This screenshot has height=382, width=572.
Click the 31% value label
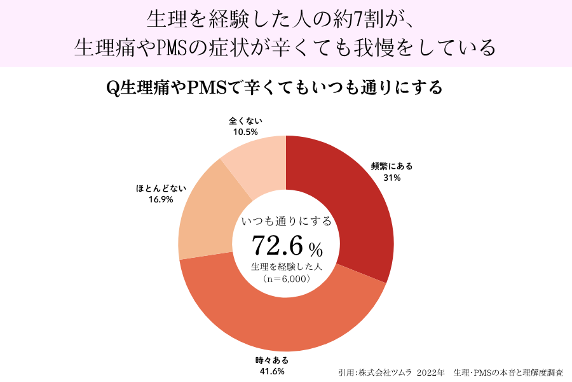392,178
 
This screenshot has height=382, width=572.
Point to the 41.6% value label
272,372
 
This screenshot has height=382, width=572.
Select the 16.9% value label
161,199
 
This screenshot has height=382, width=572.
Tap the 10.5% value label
245,132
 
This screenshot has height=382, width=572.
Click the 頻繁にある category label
392,166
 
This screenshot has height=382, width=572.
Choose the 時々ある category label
272,360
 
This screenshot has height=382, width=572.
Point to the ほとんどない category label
161,188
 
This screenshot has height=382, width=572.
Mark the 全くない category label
245,120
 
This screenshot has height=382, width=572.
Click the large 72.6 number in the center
277,245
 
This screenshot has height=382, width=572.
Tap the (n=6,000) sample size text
287,279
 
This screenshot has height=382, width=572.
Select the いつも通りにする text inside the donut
287,221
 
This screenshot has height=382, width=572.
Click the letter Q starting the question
112,88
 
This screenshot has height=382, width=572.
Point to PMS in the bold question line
207,88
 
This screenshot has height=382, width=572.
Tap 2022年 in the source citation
430,373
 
